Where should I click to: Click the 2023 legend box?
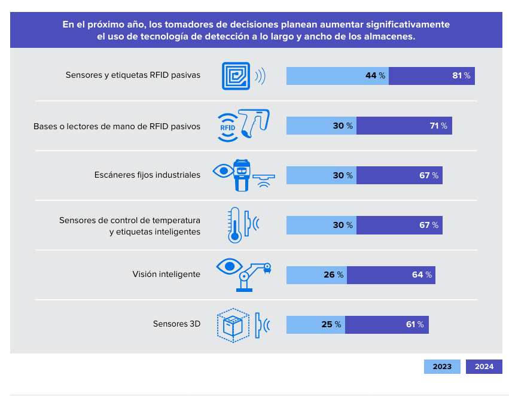pyautogui.click(x=442, y=367)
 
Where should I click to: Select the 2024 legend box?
pyautogui.click(x=484, y=367)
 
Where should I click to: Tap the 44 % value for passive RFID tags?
pyautogui.click(x=375, y=76)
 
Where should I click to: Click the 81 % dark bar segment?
pyautogui.click(x=432, y=76)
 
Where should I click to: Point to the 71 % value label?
pyautogui.click(x=438, y=126)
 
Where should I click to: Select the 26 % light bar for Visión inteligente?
pyautogui.click(x=316, y=275)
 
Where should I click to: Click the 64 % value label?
pyautogui.click(x=422, y=275)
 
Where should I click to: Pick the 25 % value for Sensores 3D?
pyautogui.click(x=331, y=325)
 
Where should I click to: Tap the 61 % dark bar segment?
pyautogui.click(x=387, y=325)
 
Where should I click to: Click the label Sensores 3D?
pyautogui.click(x=176, y=324)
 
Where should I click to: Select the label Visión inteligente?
pyautogui.click(x=166, y=275)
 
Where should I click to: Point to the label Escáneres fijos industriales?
pyautogui.click(x=147, y=175)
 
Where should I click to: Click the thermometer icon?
pyautogui.click(x=234, y=225)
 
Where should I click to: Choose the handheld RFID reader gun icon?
pyautogui.click(x=256, y=123)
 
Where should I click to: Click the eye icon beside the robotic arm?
pyautogui.click(x=227, y=265)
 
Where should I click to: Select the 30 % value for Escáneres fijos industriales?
pyautogui.click(x=343, y=176)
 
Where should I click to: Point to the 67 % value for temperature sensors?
pyautogui.click(x=429, y=226)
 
